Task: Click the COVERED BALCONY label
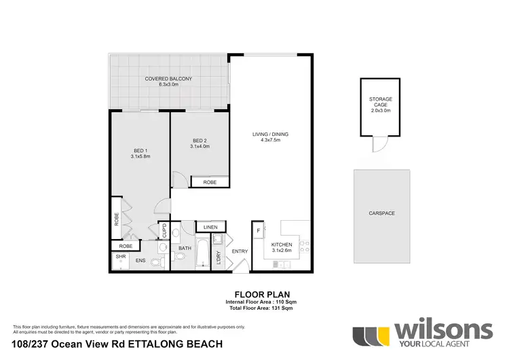click(168, 79)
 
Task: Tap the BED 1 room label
click(140, 151)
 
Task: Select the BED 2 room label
click(200, 141)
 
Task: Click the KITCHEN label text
click(282, 245)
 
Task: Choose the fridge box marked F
click(259, 231)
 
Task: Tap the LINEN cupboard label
click(210, 227)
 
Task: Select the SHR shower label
click(121, 256)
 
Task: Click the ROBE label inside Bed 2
click(204, 182)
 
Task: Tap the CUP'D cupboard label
click(164, 230)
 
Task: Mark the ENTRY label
click(240, 252)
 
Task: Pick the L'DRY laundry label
click(219, 258)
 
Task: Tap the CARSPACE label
click(381, 213)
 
